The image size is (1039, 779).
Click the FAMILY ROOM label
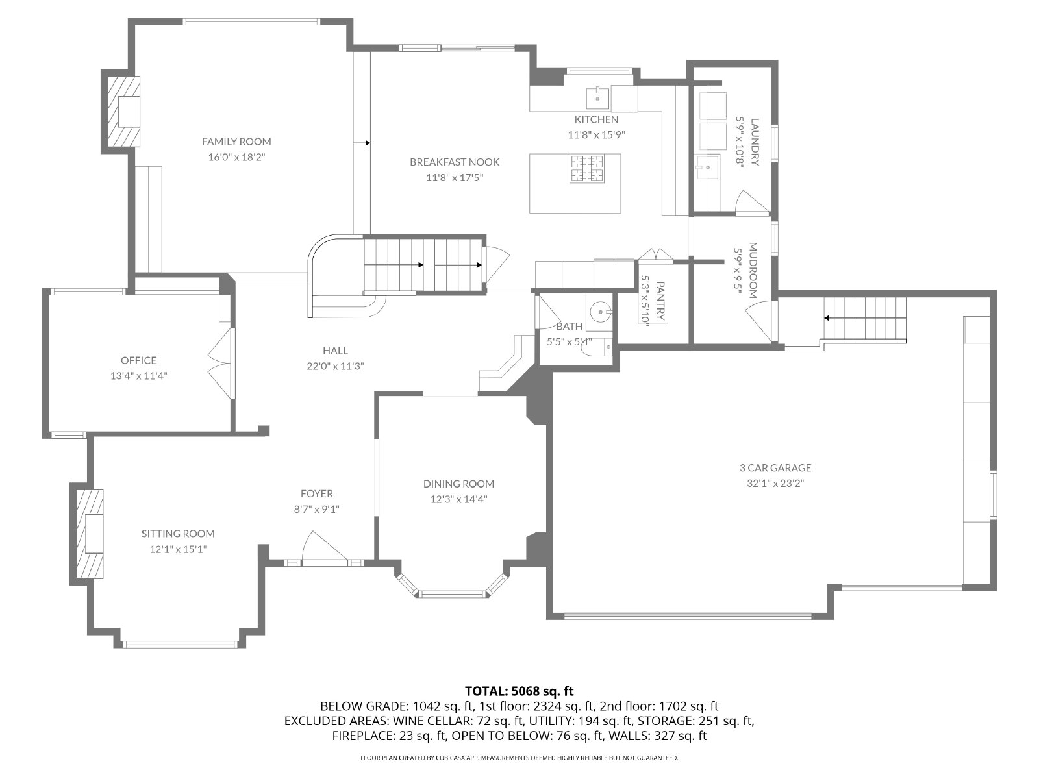[x=236, y=142]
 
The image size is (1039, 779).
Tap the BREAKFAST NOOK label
[x=455, y=162]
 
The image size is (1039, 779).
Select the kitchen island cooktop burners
[x=587, y=169]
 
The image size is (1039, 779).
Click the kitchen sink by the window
[x=598, y=99]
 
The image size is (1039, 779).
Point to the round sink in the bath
[x=601, y=312]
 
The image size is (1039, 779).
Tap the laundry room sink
[x=707, y=166]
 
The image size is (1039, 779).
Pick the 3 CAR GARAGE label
[x=775, y=468]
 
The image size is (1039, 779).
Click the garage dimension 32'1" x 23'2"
[x=775, y=484]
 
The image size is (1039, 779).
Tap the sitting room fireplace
[x=90, y=534]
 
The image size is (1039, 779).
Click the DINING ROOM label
[x=458, y=484]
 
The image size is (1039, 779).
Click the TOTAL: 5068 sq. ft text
[x=519, y=691]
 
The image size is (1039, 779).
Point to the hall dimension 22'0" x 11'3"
[x=335, y=366]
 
